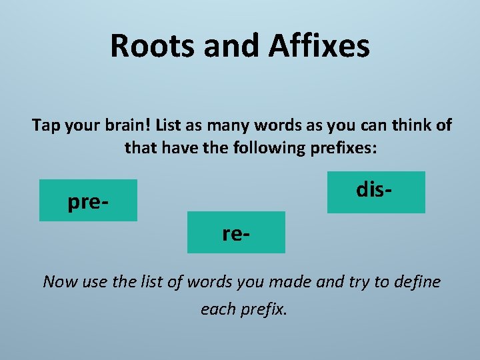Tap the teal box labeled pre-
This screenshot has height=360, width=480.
point(88,200)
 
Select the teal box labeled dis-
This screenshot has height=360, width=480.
point(376,192)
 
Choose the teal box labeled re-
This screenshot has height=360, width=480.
point(236,232)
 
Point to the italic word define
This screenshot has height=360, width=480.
point(417,281)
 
